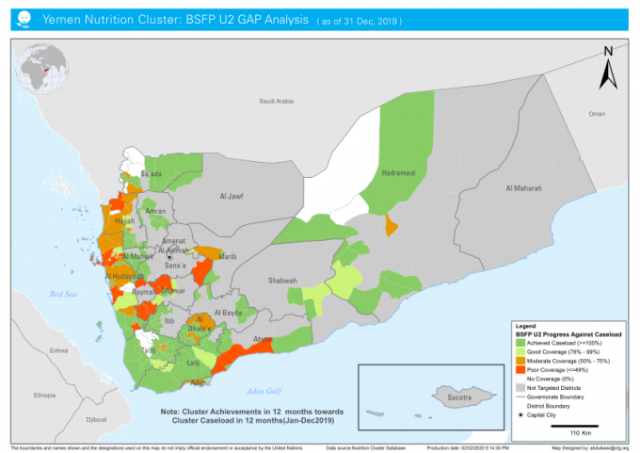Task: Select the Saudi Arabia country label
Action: click(x=277, y=101)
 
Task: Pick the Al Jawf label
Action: click(x=231, y=197)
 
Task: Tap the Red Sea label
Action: click(x=63, y=294)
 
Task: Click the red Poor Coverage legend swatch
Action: click(x=520, y=369)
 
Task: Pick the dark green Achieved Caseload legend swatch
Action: click(x=520, y=342)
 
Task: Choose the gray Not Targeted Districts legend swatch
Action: click(x=520, y=387)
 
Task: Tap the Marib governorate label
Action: click(x=227, y=256)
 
